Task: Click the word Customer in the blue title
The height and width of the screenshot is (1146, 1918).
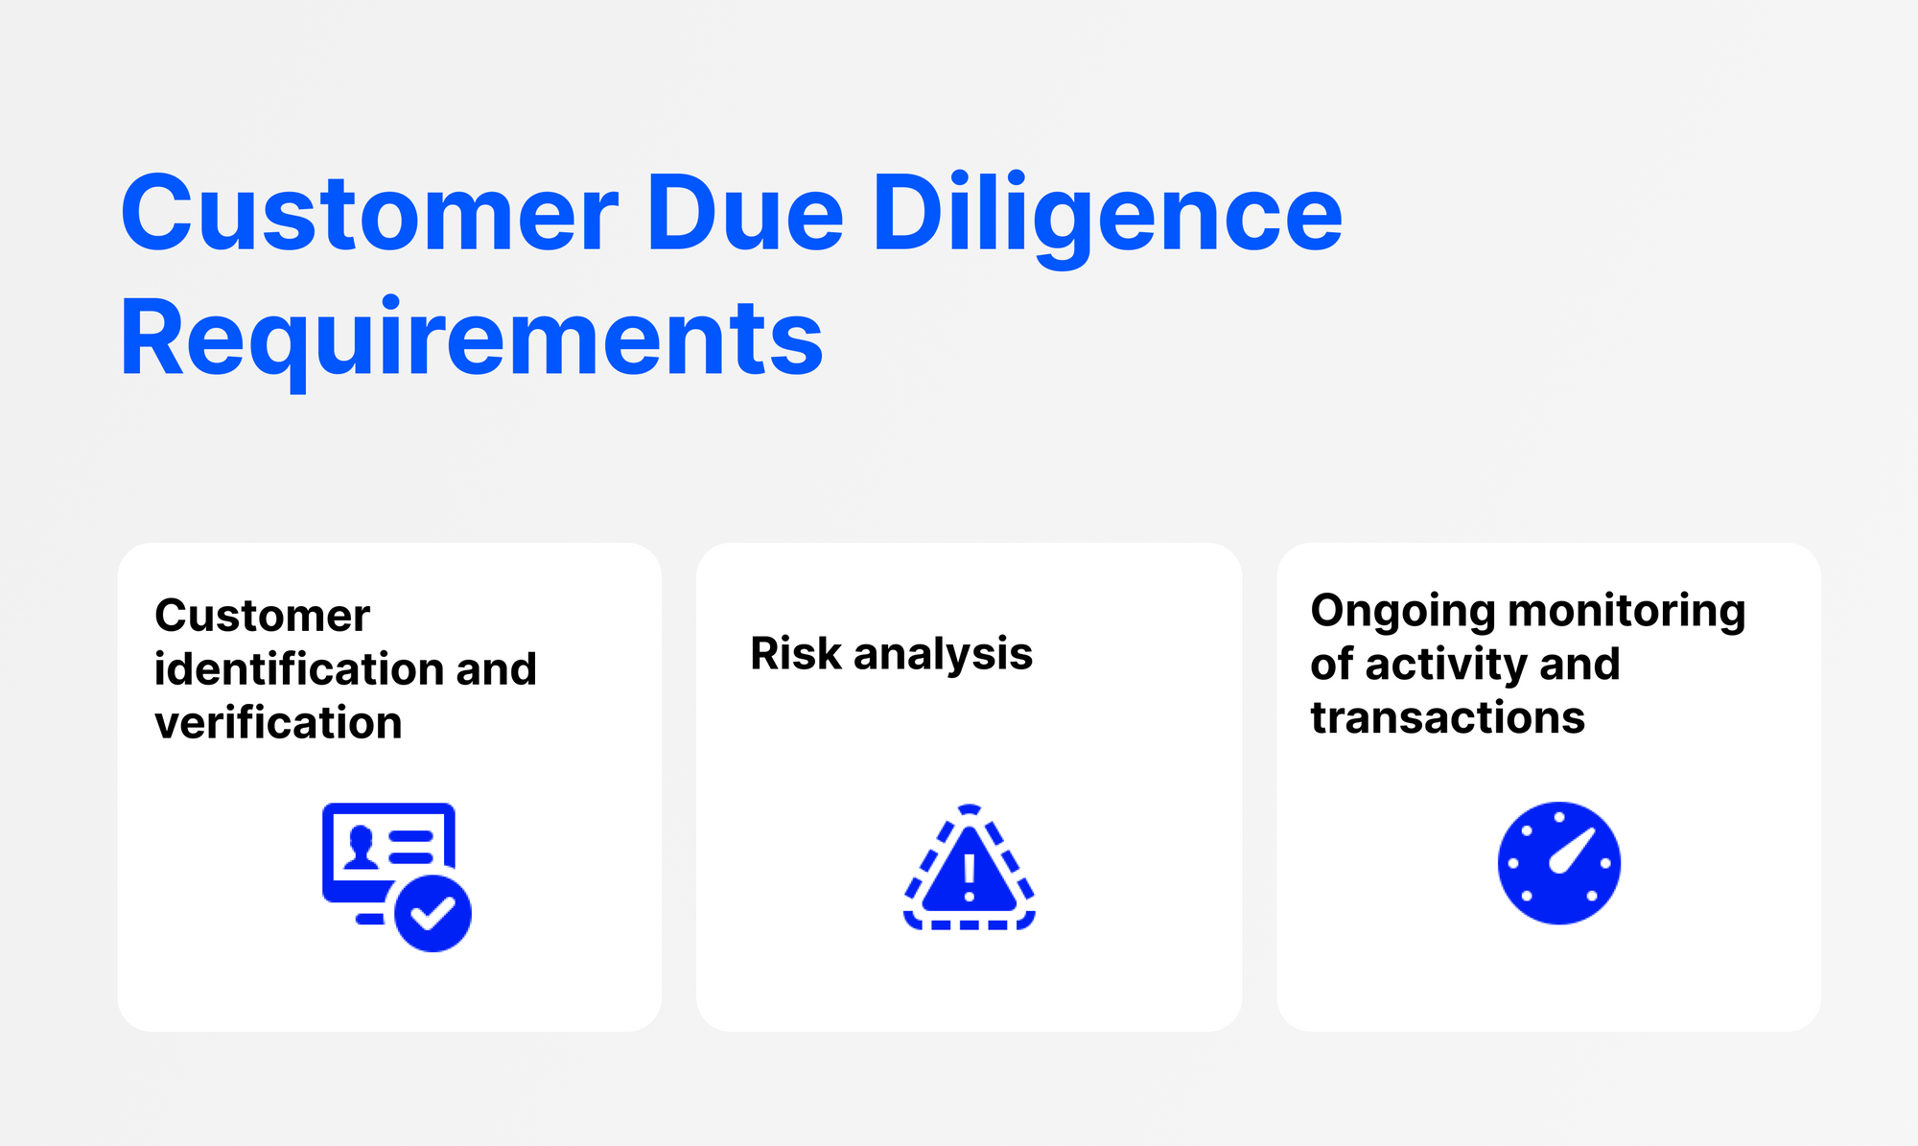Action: (369, 213)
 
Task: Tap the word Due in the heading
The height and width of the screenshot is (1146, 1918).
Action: (745, 213)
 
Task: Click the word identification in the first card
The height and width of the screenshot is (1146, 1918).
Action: (297, 668)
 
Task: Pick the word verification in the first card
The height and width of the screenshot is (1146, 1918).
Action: (278, 722)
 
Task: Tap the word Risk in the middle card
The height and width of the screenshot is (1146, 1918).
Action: (796, 654)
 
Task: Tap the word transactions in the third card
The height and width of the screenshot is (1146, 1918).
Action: (1448, 717)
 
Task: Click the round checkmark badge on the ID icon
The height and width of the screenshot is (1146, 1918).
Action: (433, 913)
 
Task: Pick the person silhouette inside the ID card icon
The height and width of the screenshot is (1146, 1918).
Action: (361, 848)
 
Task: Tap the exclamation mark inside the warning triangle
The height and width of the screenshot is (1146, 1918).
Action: (970, 877)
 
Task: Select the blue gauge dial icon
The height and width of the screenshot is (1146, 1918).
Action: (1559, 863)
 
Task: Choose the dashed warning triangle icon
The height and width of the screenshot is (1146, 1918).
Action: (970, 867)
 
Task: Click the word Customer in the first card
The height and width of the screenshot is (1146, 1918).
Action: (262, 616)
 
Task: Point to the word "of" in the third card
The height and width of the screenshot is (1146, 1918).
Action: (1332, 664)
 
